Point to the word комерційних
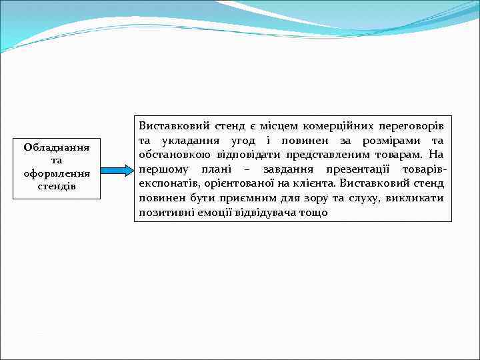click(337, 125)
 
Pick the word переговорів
click(414, 125)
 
